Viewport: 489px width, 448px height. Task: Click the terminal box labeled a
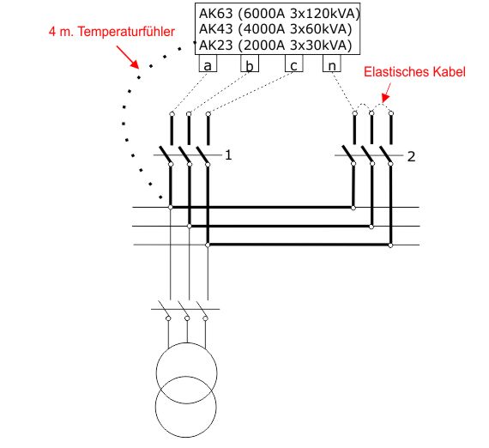pyautogui.click(x=208, y=63)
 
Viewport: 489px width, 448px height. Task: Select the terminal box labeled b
pyautogui.click(x=250, y=63)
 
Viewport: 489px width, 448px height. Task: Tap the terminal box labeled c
pyautogui.click(x=293, y=63)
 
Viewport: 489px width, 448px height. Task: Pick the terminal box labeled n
pyautogui.click(x=332, y=63)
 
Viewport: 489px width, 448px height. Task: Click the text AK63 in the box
pyautogui.click(x=216, y=14)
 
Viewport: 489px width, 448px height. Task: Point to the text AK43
pyautogui.click(x=216, y=29)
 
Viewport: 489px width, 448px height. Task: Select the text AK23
pyautogui.click(x=216, y=45)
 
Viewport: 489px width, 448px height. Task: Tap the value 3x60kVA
pyautogui.click(x=321, y=29)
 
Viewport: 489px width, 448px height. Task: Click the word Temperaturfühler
pyautogui.click(x=126, y=32)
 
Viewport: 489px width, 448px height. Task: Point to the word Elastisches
pyautogui.click(x=395, y=72)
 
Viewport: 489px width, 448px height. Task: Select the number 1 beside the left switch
pyautogui.click(x=228, y=155)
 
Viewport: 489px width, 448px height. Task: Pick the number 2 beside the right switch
pyautogui.click(x=411, y=156)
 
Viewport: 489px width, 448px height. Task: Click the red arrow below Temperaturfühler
pyautogui.click(x=128, y=58)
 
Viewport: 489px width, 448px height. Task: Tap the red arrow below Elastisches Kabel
pyautogui.click(x=387, y=93)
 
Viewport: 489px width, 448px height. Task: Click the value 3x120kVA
pyautogui.click(x=325, y=14)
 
